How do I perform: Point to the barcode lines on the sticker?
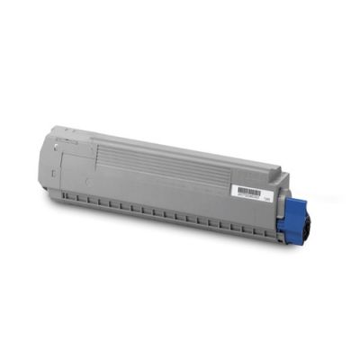(245, 193)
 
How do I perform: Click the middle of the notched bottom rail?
(171, 216)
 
